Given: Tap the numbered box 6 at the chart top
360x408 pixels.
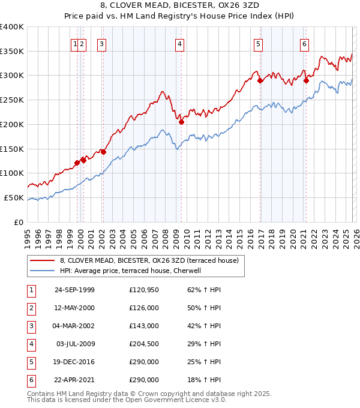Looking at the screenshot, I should pyautogui.click(x=305, y=43).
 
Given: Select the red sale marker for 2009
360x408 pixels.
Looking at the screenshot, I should pyautogui.click(x=181, y=122).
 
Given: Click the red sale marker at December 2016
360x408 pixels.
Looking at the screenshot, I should pyautogui.click(x=260, y=80).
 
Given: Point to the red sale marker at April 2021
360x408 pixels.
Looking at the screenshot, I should pyautogui.click(x=306, y=80).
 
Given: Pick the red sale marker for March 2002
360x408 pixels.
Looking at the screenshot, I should pyautogui.click(x=103, y=152).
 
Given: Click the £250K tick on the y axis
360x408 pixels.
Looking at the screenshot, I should pyautogui.click(x=12, y=100).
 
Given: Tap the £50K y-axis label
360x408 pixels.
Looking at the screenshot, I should pyautogui.click(x=14, y=197).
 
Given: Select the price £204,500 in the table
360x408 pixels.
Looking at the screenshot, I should pyautogui.click(x=144, y=344).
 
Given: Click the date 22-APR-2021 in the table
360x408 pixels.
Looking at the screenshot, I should pyautogui.click(x=74, y=380).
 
